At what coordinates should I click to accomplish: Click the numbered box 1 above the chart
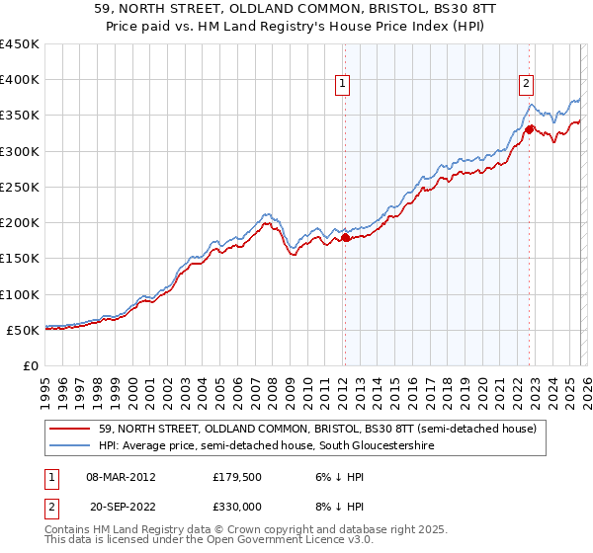click(x=343, y=85)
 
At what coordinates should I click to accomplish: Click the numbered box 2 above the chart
click(x=527, y=85)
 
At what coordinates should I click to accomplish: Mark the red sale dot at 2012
click(x=345, y=237)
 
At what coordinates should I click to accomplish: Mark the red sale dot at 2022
click(x=530, y=129)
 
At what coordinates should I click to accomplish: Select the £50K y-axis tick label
click(x=24, y=330)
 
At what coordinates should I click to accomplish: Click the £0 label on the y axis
click(x=32, y=365)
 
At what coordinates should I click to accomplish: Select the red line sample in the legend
click(x=71, y=430)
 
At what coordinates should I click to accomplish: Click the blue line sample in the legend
click(x=71, y=446)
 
